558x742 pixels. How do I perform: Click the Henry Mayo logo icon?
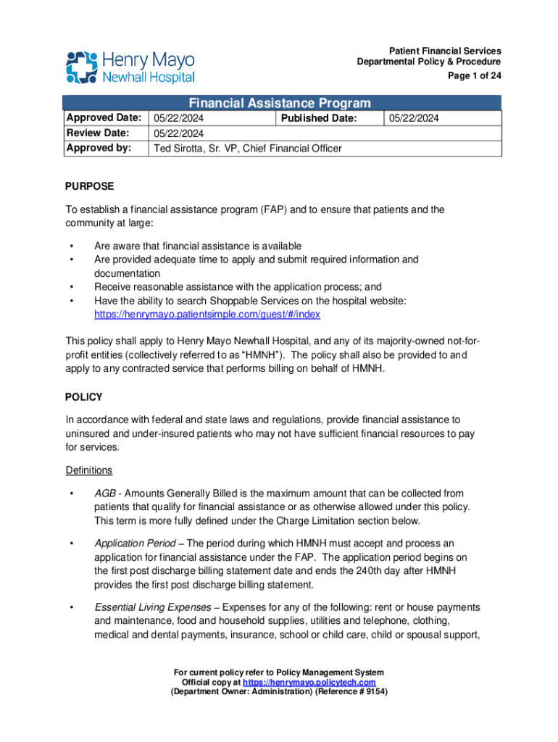point(81,67)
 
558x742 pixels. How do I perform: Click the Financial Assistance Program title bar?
point(280,103)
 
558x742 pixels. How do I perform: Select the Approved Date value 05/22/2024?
point(178,118)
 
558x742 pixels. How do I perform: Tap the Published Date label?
point(319,118)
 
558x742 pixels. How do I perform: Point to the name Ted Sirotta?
point(178,149)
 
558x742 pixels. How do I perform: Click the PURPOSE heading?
point(89,186)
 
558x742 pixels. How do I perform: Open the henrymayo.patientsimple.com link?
point(207,315)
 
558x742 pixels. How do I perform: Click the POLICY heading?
point(84,397)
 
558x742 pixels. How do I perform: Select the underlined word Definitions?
point(88,470)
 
